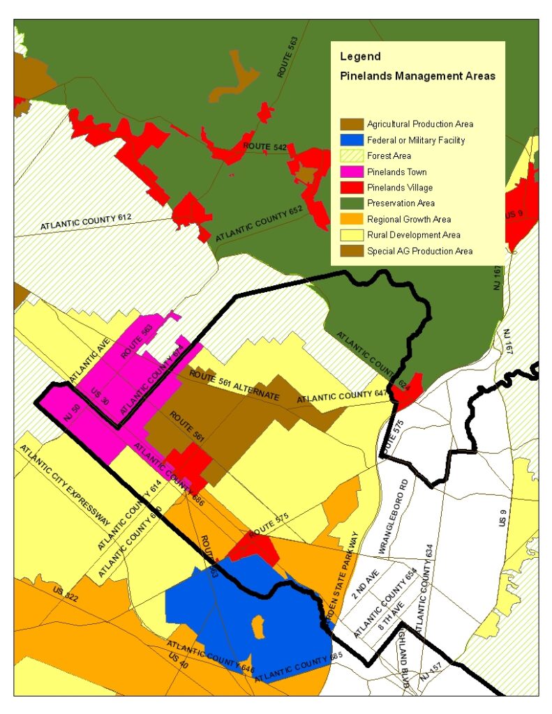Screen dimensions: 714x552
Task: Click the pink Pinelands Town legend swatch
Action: click(351, 172)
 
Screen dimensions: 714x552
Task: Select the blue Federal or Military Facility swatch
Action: click(351, 140)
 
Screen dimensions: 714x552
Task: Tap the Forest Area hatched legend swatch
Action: click(351, 156)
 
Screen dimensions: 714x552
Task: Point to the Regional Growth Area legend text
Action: click(409, 219)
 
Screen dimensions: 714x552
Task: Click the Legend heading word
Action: click(360, 56)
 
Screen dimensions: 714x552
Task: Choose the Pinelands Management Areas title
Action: click(417, 75)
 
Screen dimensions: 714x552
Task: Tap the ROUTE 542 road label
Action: click(265, 147)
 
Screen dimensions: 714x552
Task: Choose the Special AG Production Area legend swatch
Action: click(351, 250)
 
